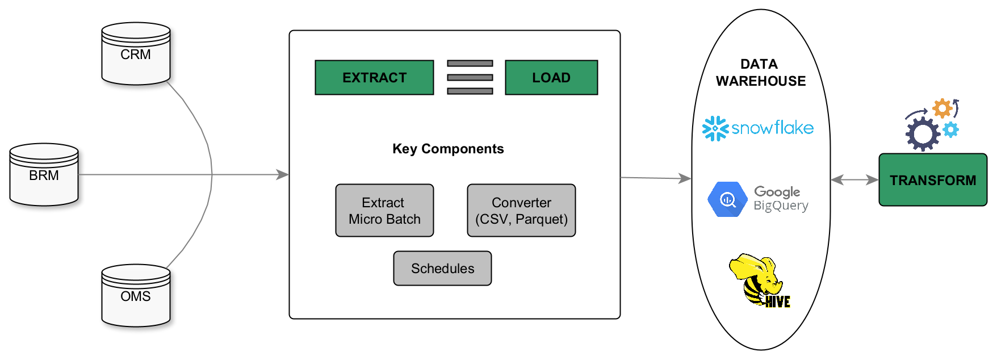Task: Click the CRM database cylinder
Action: [136, 54]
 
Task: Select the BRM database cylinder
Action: [44, 174]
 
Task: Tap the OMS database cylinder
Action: [136, 296]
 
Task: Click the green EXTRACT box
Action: [374, 77]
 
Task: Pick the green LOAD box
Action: [551, 77]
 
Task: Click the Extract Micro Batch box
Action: [384, 210]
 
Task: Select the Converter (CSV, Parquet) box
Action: [521, 210]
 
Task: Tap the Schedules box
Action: [442, 268]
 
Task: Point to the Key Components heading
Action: [448, 149]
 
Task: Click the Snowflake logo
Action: [758, 128]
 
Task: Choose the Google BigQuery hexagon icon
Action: [727, 199]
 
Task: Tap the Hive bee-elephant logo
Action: [760, 281]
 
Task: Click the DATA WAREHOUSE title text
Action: [760, 73]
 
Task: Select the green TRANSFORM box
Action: [933, 179]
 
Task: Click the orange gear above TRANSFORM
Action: [942, 108]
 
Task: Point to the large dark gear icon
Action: [923, 135]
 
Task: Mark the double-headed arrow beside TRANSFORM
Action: [854, 180]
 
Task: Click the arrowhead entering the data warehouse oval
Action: [686, 178]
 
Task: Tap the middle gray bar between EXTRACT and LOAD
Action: [470, 77]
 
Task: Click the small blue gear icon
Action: [950, 130]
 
